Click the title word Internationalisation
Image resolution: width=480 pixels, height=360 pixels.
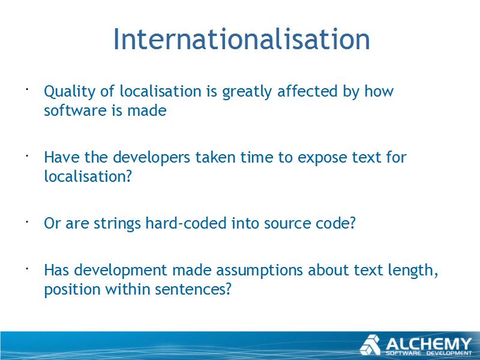(x=242, y=39)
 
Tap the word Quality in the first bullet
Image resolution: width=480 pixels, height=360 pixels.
(x=69, y=92)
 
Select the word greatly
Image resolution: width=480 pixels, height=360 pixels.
(x=247, y=92)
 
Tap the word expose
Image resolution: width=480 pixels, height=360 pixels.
(x=322, y=158)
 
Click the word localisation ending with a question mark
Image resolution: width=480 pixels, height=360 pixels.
(x=88, y=176)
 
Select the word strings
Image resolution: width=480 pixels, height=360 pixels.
(x=117, y=224)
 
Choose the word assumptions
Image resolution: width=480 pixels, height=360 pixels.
(x=259, y=271)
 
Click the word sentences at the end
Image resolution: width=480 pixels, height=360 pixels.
(x=193, y=290)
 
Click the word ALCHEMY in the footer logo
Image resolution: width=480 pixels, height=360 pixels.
(x=428, y=344)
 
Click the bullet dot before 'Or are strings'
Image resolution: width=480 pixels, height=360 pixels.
(x=27, y=221)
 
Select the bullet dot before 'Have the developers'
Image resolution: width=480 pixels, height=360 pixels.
(x=27, y=155)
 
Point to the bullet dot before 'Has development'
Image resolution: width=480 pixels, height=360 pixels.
(x=27, y=268)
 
